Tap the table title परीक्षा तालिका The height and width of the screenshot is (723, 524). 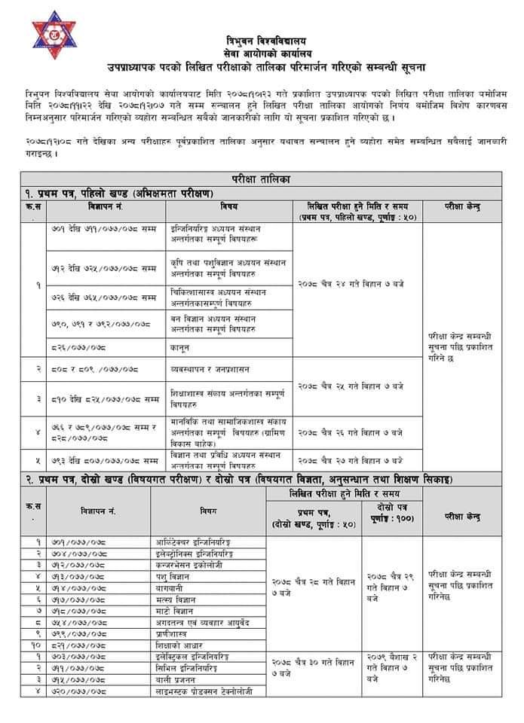pyautogui.click(x=261, y=178)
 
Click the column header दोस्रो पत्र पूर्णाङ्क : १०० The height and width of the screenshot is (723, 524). pyautogui.click(x=391, y=518)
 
